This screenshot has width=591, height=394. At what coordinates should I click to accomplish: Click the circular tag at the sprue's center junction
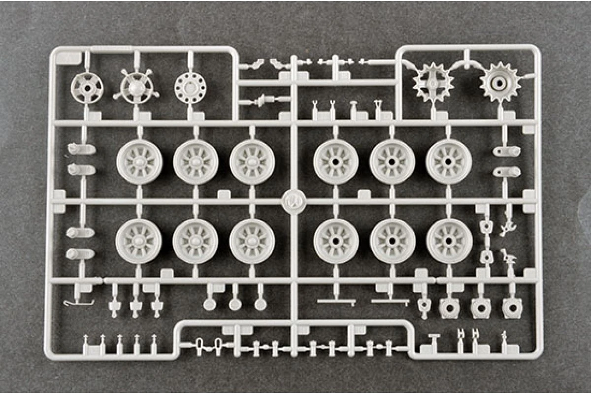tap(294, 202)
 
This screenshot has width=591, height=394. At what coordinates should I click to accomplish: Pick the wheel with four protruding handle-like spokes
tap(135, 89)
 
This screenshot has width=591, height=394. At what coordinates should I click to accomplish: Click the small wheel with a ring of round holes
tap(190, 88)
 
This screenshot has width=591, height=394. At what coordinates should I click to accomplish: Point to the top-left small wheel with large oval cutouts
tap(87, 88)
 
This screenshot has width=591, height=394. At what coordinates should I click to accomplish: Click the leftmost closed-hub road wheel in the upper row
tap(140, 162)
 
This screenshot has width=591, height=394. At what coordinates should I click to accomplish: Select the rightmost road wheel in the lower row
tap(449, 240)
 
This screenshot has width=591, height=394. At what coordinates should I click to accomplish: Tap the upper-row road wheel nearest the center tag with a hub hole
tap(335, 162)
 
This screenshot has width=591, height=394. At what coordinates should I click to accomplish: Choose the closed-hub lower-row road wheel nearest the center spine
tap(252, 240)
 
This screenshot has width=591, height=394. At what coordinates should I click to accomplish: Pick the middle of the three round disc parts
tap(235, 304)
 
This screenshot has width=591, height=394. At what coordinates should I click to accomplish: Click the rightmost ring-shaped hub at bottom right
tap(512, 308)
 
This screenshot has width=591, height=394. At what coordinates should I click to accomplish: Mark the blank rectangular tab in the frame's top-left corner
tap(69, 57)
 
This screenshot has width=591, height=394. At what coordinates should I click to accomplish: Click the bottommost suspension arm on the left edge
tap(80, 254)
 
